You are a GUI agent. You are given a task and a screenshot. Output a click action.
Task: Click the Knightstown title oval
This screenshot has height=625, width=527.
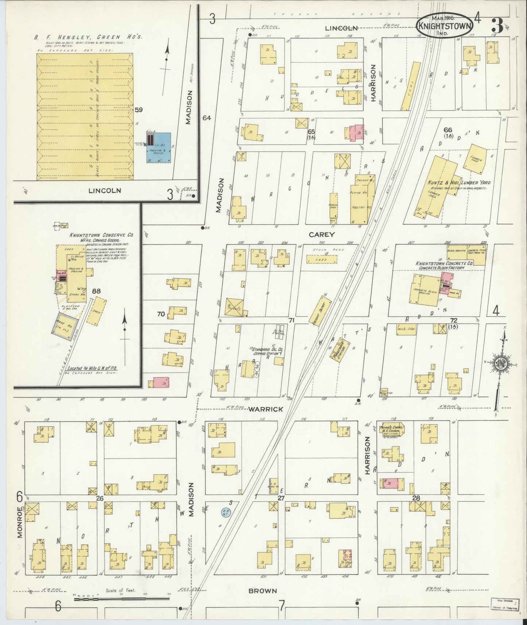click(x=445, y=24)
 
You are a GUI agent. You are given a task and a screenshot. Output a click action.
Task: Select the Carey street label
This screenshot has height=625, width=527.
click(x=322, y=234)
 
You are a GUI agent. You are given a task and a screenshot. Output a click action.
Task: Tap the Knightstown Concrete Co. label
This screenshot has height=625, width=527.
click(x=439, y=263)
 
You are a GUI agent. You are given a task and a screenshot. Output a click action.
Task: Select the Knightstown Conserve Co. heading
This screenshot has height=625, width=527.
click(x=101, y=236)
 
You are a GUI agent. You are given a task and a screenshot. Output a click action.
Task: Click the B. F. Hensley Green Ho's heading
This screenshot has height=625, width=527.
click(x=89, y=37)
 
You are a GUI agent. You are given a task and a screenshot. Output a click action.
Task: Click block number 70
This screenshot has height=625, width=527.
click(x=161, y=314)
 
